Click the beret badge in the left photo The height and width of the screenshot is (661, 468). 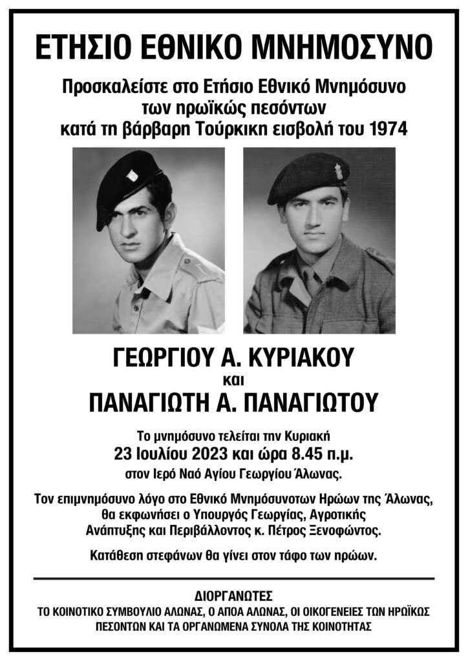coord(131,175)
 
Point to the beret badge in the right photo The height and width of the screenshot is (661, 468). coord(338,172)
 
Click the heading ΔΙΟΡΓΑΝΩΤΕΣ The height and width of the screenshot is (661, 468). coord(233,595)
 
